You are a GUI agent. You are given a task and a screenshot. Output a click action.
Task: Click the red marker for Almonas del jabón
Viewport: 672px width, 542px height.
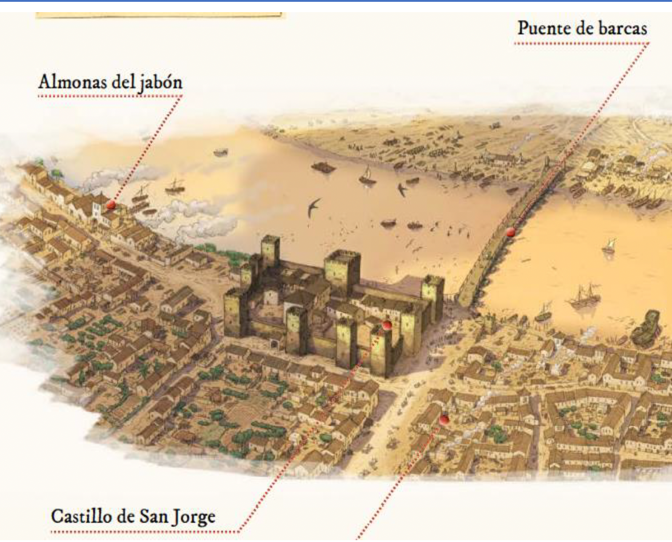point(110,205)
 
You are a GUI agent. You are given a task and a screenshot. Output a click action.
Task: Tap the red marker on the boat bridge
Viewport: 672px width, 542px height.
point(511,232)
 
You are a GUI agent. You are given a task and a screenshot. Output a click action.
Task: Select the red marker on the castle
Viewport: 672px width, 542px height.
point(386,326)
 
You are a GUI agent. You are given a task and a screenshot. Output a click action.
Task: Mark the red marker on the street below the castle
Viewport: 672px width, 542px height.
point(444,419)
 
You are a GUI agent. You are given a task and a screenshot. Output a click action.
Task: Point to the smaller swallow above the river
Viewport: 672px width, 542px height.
point(402,189)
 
